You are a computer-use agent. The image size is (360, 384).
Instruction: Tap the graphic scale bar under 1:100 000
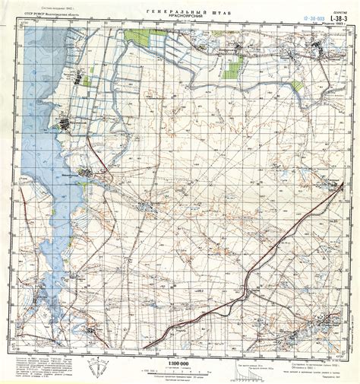[179, 372]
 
